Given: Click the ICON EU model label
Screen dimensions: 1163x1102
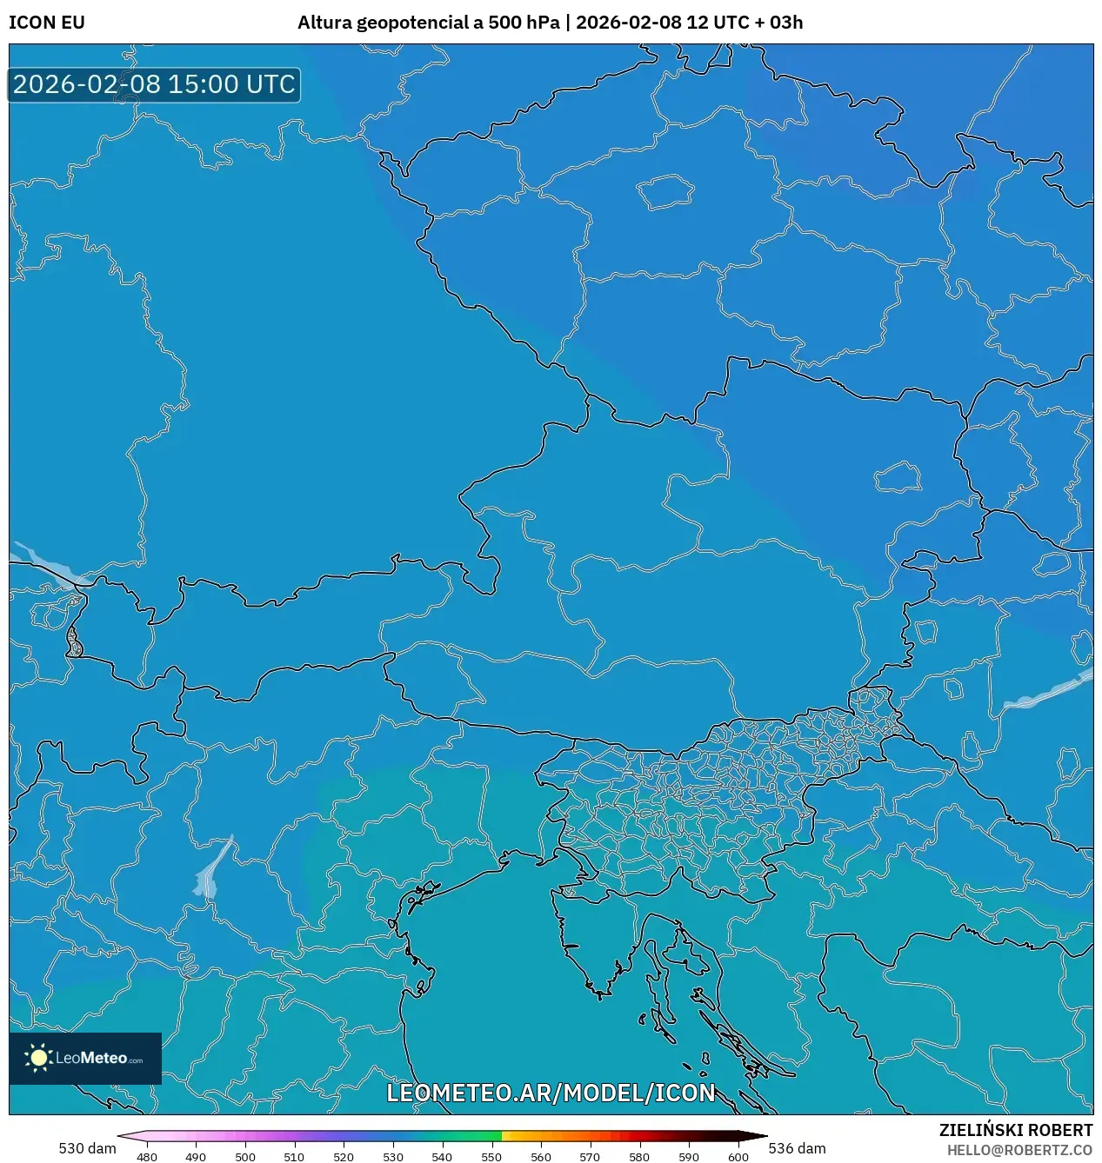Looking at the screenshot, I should (47, 23).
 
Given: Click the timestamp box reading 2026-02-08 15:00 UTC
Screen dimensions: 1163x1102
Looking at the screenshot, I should (154, 84).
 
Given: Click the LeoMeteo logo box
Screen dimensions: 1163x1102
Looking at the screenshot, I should (85, 1058).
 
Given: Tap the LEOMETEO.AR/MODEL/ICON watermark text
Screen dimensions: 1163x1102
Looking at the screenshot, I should (551, 1093).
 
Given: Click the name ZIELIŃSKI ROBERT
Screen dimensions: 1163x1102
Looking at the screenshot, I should (1015, 1130).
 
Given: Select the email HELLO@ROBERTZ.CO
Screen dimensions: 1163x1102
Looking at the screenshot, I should (1019, 1150).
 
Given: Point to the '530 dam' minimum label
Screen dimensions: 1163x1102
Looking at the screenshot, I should (87, 1148).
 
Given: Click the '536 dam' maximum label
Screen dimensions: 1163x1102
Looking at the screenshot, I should (797, 1148).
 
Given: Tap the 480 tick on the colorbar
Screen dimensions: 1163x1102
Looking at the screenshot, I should (147, 1157).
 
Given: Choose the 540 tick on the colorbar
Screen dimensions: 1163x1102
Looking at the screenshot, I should (442, 1157).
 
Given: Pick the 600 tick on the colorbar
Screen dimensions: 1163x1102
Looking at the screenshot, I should (738, 1157).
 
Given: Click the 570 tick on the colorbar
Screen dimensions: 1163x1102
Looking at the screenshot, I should (590, 1157).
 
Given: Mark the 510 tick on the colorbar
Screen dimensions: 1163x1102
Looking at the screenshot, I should (294, 1157).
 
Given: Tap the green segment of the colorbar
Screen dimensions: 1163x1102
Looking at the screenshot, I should (484, 1136).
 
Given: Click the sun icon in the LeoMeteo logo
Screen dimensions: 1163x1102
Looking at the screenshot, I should (38, 1058).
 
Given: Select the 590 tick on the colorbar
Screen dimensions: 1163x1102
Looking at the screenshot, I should (688, 1157).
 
